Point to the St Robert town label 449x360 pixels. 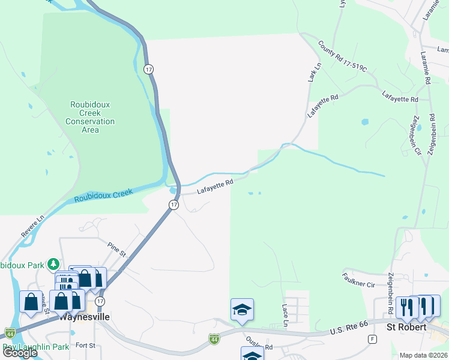coord(406,327)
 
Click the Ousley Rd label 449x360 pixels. coord(261,347)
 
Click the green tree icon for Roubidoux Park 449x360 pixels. coord(53,263)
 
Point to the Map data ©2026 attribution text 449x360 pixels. coord(424,355)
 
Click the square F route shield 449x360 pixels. coord(373,339)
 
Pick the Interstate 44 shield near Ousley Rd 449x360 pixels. coord(214,340)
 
